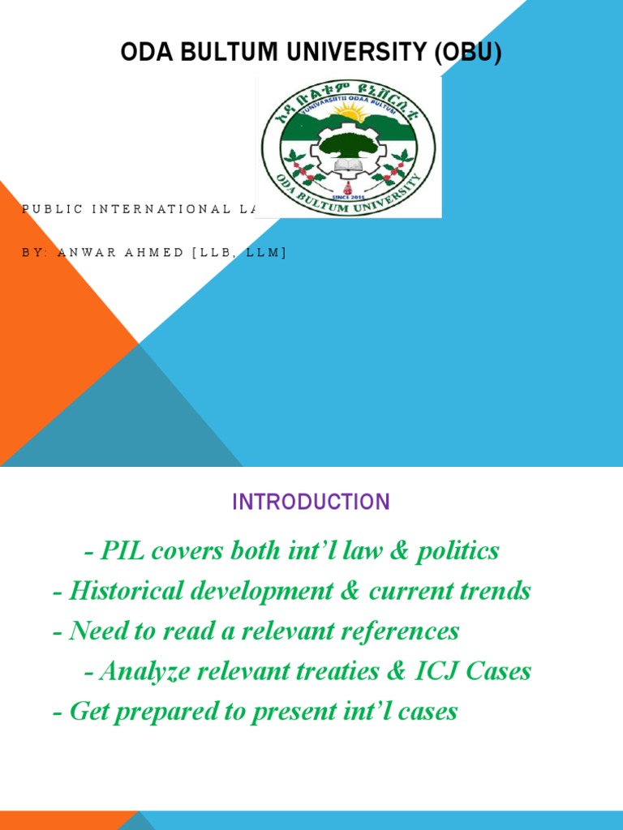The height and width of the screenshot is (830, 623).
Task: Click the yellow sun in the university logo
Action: (350, 113)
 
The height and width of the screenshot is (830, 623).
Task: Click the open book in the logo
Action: (348, 167)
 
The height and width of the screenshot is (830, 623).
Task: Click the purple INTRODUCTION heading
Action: (311, 502)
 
